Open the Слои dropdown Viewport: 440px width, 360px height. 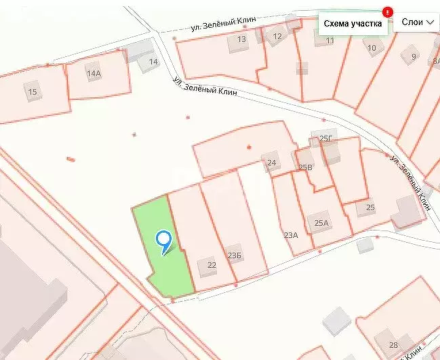[417, 22]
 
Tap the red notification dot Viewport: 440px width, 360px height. [387, 11]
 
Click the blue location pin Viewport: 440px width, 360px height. [163, 240]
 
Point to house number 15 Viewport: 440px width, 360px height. [32, 92]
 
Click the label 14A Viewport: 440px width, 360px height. [94, 73]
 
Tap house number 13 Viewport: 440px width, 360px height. [241, 39]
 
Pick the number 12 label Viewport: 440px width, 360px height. [277, 37]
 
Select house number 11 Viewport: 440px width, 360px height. [330, 41]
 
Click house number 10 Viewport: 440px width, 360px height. [372, 47]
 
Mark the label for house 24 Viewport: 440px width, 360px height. [271, 163]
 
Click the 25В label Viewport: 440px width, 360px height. [306, 167]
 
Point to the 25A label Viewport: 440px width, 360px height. [321, 222]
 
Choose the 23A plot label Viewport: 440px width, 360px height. [291, 235]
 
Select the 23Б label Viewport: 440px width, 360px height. [235, 256]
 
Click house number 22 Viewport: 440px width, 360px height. [212, 264]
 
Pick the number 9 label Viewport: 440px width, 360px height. [413, 56]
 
